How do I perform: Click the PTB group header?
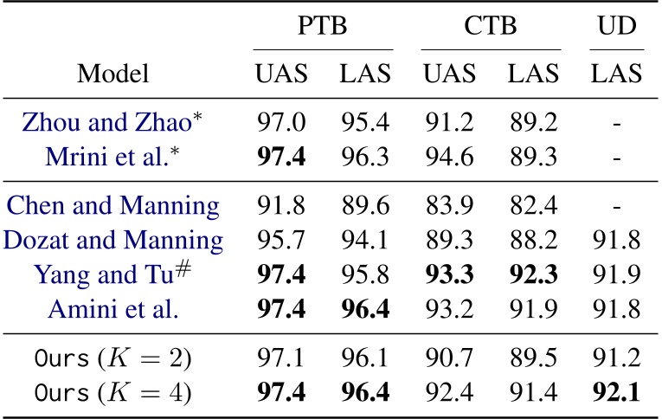click(x=323, y=25)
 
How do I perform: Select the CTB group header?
click(x=490, y=25)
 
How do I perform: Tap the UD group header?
click(x=617, y=25)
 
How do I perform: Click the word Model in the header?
click(x=112, y=74)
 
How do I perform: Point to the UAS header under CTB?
click(x=448, y=74)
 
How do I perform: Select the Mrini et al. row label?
click(x=112, y=157)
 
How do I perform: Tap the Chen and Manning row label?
click(x=112, y=206)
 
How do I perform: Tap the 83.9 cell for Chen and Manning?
click(x=448, y=206)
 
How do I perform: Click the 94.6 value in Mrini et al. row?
click(x=448, y=157)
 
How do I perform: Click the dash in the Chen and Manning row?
click(x=617, y=207)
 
